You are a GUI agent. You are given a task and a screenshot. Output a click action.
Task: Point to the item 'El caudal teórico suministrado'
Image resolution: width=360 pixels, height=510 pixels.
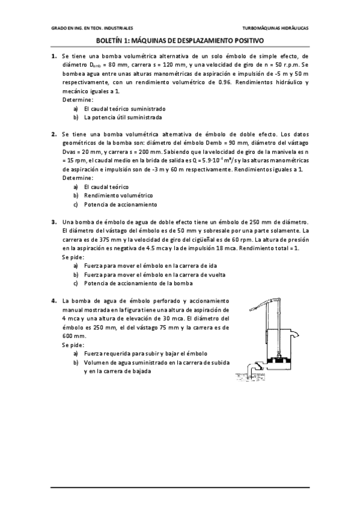point(124,109)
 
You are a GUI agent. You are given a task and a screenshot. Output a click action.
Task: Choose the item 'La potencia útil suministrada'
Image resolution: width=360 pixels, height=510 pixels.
point(123,117)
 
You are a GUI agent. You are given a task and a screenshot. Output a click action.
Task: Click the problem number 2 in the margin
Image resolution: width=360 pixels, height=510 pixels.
point(53,135)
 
